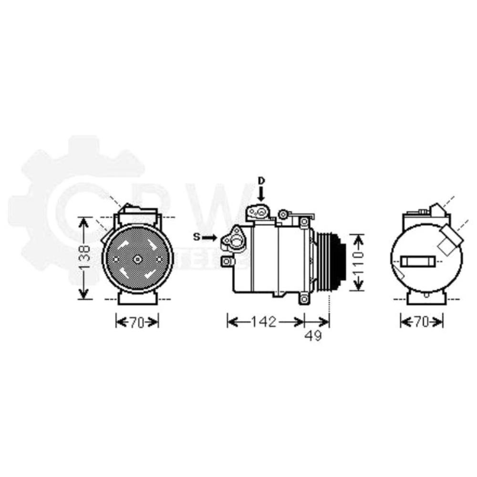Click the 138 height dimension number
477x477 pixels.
(x=84, y=258)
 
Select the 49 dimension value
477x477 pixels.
(x=313, y=336)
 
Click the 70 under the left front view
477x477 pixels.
(x=136, y=322)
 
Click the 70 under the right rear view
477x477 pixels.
(x=422, y=322)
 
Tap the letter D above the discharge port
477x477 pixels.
(x=261, y=180)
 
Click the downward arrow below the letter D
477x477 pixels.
(x=261, y=193)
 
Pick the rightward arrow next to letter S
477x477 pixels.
(x=208, y=237)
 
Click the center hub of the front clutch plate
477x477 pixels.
(x=137, y=259)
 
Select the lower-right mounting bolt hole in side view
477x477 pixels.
(x=303, y=299)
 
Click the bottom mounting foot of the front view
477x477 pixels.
(x=137, y=298)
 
